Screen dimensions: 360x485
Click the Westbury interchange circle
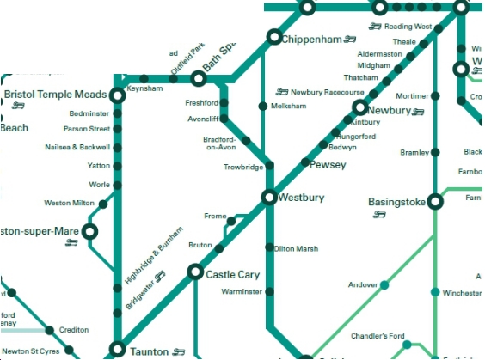click(269, 198)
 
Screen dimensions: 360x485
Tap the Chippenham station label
click(313, 39)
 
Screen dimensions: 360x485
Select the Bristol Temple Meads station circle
click(118, 95)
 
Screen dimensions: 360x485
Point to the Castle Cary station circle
click(193, 273)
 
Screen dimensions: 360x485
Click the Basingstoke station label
click(396, 202)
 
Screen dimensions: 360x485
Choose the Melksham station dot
click(263, 106)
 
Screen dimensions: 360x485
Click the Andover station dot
click(384, 284)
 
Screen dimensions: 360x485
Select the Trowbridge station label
click(243, 167)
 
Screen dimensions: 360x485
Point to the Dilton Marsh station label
click(296, 249)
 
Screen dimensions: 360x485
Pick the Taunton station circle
click(118, 350)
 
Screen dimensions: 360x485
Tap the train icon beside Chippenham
click(350, 39)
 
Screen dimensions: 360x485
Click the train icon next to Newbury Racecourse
click(282, 91)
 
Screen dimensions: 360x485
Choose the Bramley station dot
click(436, 153)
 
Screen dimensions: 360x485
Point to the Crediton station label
click(73, 330)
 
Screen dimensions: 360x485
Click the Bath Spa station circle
click(198, 79)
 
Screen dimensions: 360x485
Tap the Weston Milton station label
click(69, 204)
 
